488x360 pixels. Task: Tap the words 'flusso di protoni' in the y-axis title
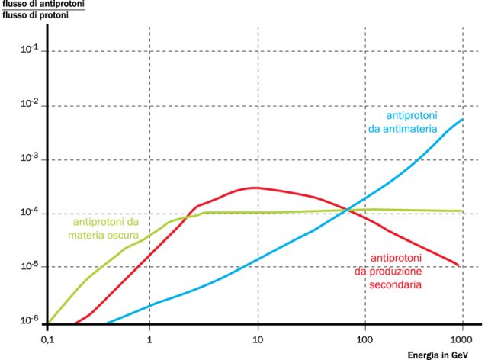(x=35, y=16)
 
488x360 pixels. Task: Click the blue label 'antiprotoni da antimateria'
(x=412, y=122)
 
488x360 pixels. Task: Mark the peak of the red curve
(x=256, y=187)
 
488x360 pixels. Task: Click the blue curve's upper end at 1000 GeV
(x=463, y=120)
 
